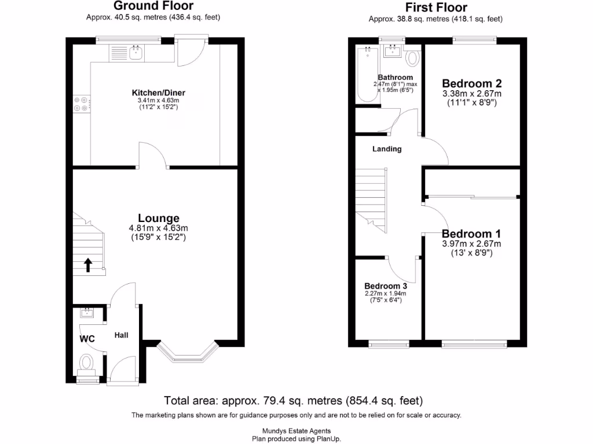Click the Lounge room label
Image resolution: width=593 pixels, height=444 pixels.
click(x=159, y=218)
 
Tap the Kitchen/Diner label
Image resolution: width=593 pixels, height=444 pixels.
click(x=159, y=92)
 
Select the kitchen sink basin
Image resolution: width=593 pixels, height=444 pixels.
click(x=136, y=53)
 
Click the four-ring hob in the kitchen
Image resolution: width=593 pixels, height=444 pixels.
click(x=81, y=104)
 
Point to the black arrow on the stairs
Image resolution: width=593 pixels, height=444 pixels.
click(x=88, y=265)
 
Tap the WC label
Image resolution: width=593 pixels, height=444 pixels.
click(x=87, y=339)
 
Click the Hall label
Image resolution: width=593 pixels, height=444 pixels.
click(x=122, y=335)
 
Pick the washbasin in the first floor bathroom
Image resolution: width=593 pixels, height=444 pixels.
click(x=393, y=51)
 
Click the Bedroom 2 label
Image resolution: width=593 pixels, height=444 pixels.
click(x=471, y=83)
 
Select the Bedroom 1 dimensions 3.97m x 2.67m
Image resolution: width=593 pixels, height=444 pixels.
click(x=471, y=244)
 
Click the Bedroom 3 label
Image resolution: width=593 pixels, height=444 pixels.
click(x=386, y=286)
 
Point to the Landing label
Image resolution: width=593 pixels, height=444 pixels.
click(x=387, y=149)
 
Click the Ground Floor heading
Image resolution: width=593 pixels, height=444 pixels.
click(x=153, y=6)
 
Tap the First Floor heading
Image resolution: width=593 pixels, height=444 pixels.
click(x=436, y=7)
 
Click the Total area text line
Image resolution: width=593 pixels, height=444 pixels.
click(x=294, y=401)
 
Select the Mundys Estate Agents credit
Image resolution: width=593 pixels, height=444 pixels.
click(x=296, y=431)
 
